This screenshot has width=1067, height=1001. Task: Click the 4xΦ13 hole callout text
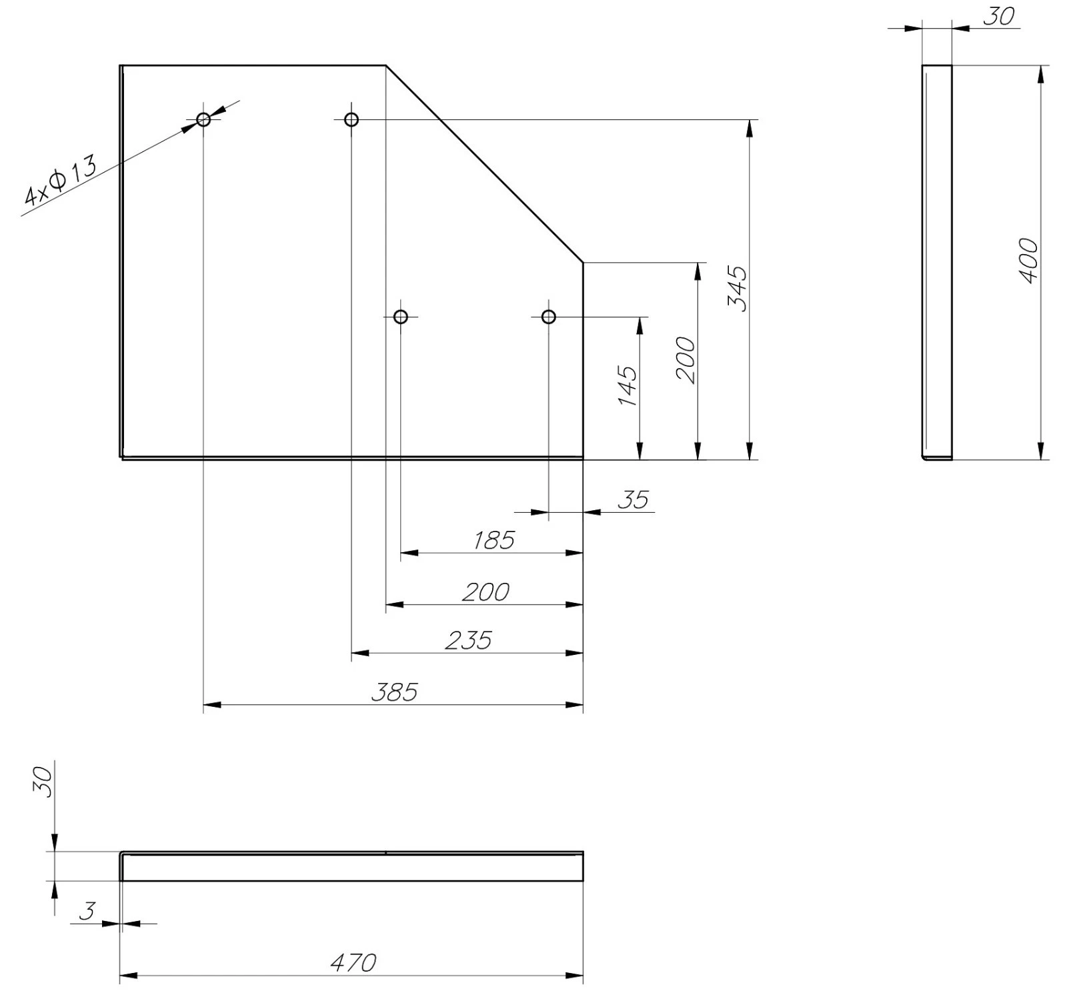60,179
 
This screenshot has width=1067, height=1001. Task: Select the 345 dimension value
738,288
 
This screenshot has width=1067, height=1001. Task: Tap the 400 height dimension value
1029,261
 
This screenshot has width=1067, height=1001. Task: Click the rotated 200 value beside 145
686,360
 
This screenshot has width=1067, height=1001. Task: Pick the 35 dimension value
633,499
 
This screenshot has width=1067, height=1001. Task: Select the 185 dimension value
494,540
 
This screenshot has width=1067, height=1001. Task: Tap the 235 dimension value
469,640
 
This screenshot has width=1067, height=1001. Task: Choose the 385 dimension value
395,692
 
